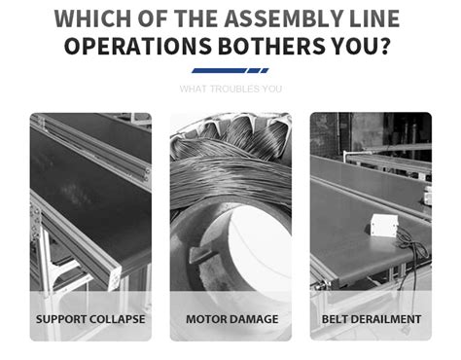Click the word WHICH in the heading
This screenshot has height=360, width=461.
pyautogui.click(x=91, y=18)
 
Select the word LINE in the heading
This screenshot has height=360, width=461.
pyautogui.click(x=381, y=18)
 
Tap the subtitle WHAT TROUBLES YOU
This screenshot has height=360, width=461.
pyautogui.click(x=230, y=89)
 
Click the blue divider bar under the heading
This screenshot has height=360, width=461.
pyautogui.click(x=230, y=70)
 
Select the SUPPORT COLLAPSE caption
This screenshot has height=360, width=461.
pyautogui.click(x=90, y=318)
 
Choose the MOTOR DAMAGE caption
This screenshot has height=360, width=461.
pyautogui.click(x=231, y=318)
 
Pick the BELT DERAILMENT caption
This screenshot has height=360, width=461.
pyautogui.click(x=372, y=318)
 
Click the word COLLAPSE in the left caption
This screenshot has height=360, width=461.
pyautogui.click(x=118, y=318)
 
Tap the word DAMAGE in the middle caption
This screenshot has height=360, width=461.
pyautogui.click(x=254, y=318)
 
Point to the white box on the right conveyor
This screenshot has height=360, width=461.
pyautogui.click(x=384, y=227)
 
